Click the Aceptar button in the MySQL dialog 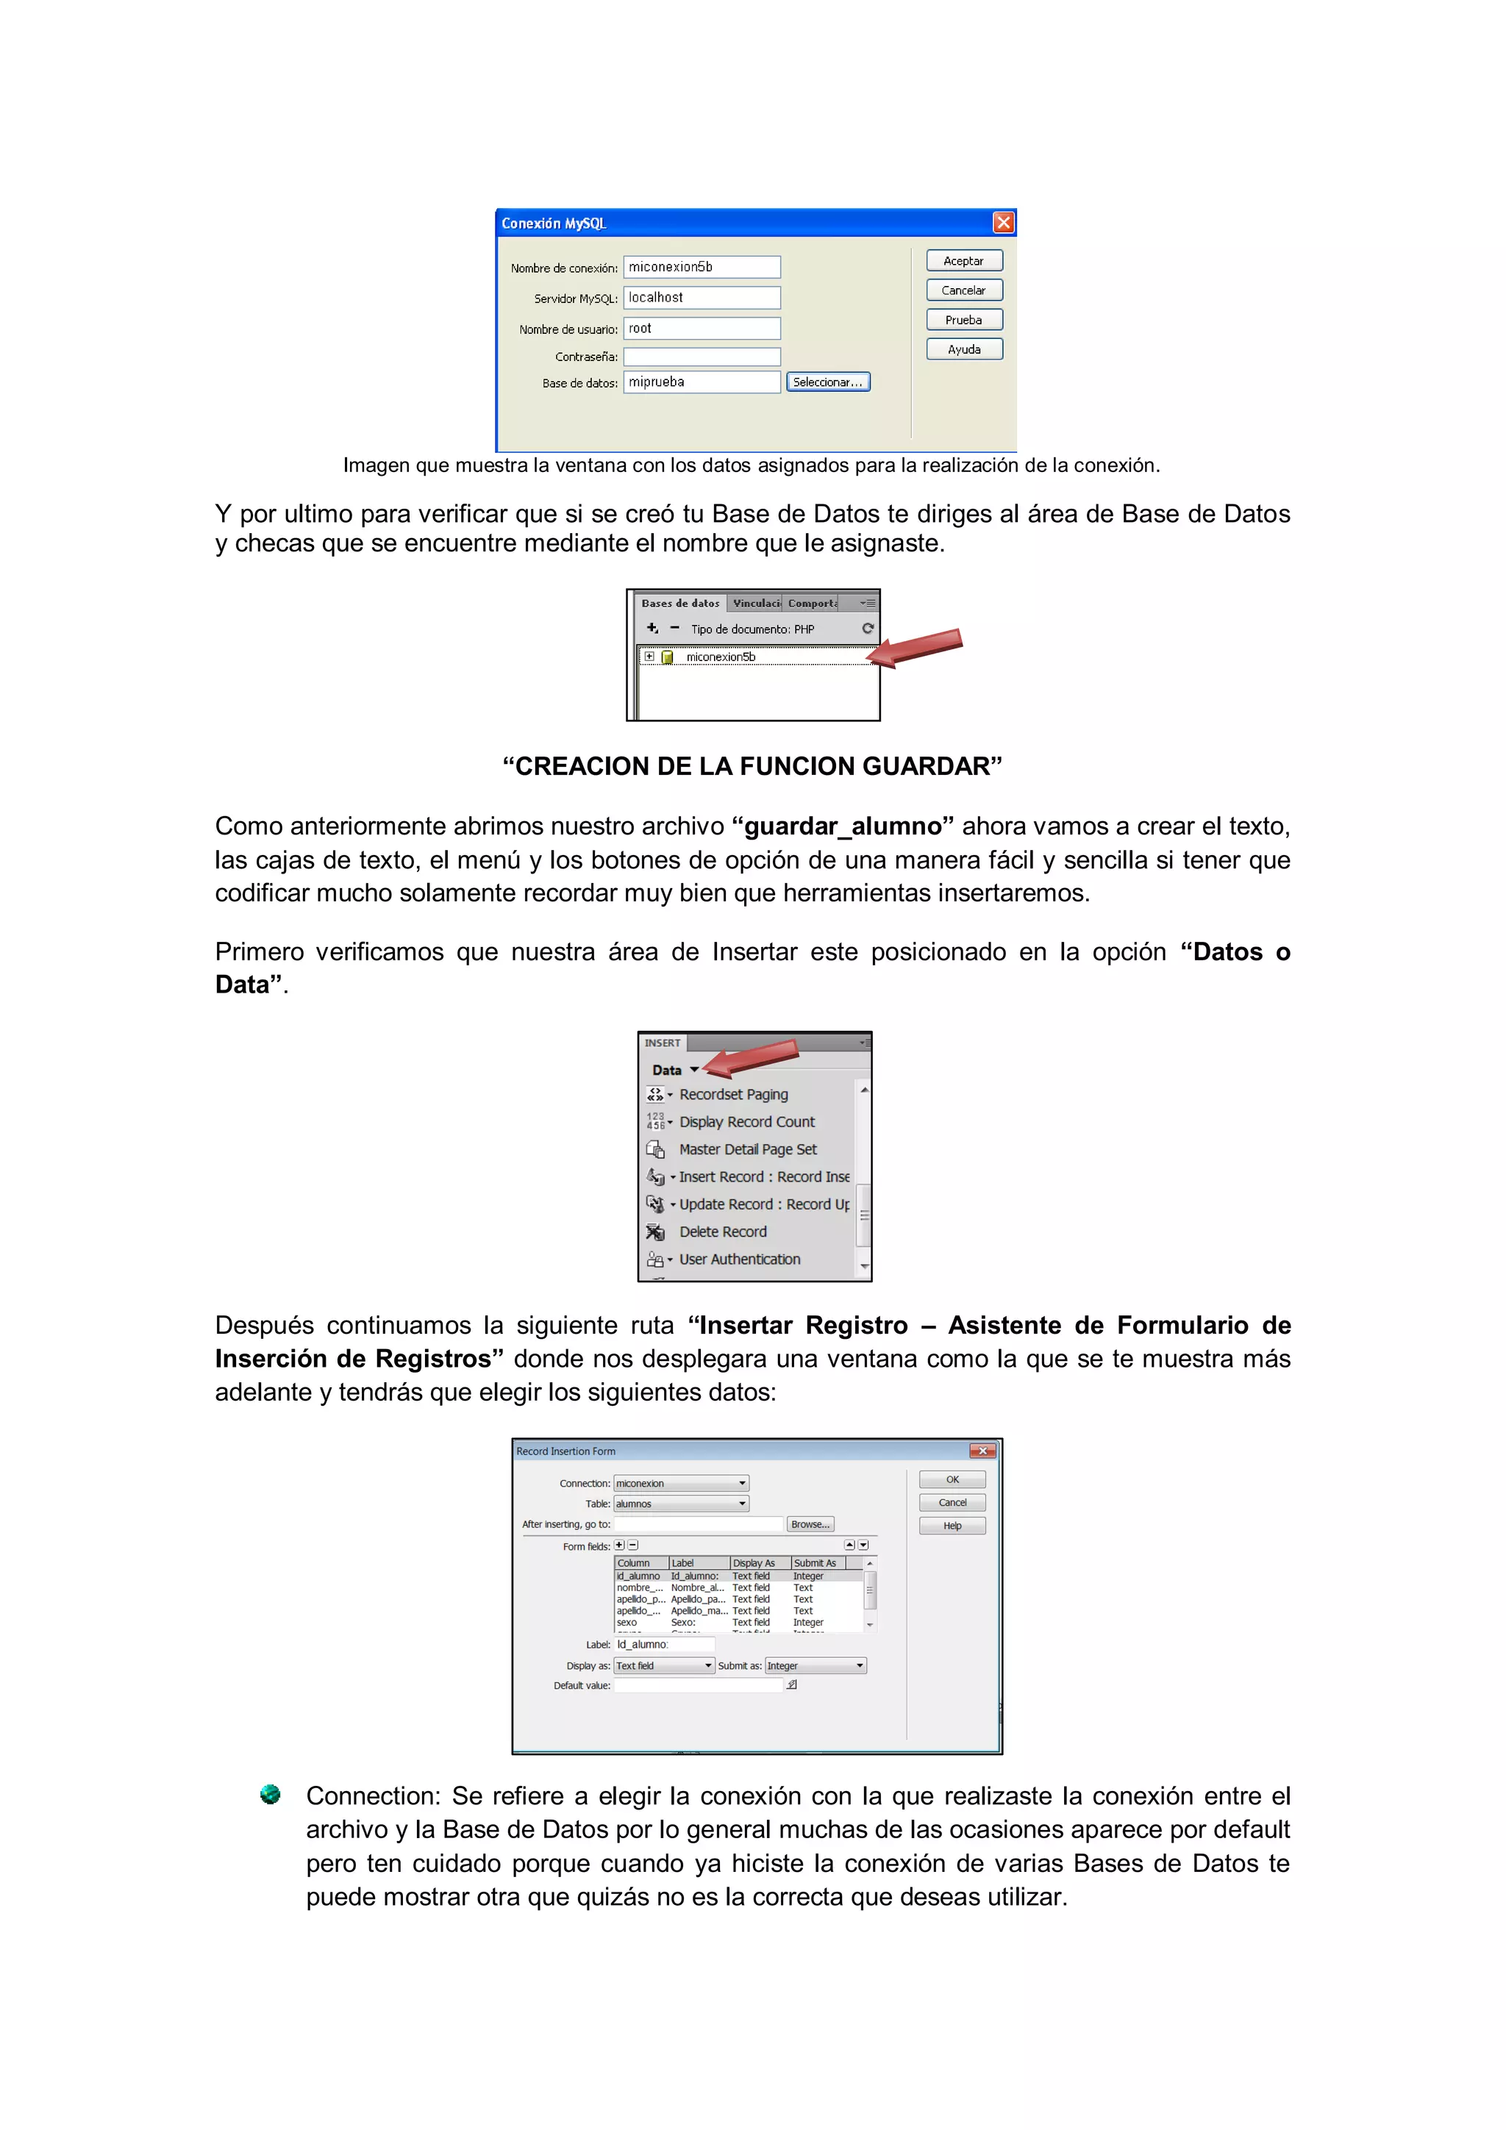[963, 261]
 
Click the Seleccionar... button [828, 382]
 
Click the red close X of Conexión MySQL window [1003, 223]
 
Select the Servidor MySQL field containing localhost [701, 298]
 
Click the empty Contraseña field [701, 357]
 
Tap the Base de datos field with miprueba [701, 382]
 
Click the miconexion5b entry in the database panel [720, 657]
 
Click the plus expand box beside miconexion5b [649, 657]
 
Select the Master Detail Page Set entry [747, 1149]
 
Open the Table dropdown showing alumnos [680, 1504]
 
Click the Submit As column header [815, 1563]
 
